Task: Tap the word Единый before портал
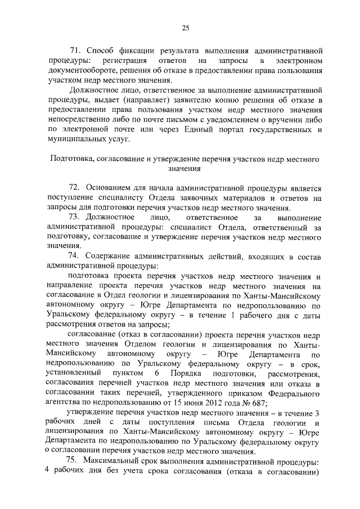coord(200,130)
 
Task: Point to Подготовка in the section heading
coord(73,159)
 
